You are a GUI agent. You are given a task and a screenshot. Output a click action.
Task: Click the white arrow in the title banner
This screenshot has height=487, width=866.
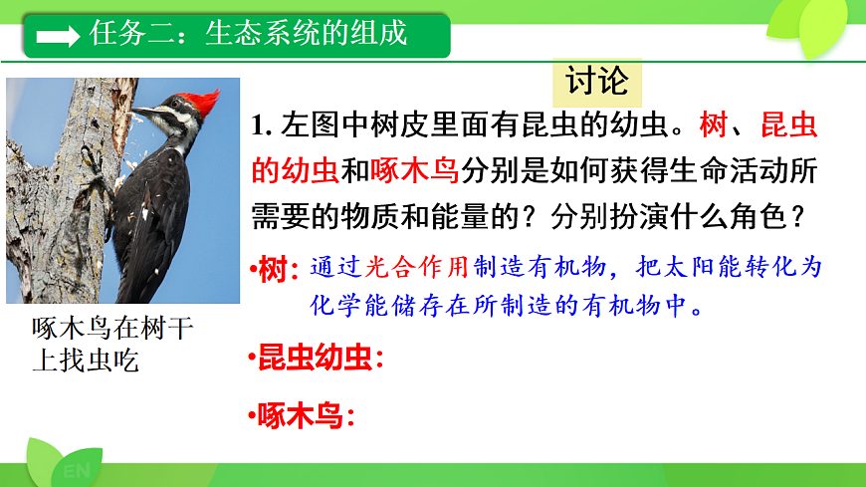coord(58,36)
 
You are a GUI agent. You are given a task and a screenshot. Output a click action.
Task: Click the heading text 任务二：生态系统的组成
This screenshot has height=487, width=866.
coord(248,34)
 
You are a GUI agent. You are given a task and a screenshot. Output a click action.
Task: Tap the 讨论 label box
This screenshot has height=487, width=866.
coord(597,81)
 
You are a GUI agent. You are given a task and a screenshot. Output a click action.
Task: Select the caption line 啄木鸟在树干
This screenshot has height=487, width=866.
coord(112,329)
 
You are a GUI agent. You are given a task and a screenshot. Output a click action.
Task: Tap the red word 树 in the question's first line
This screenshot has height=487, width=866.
coord(713,128)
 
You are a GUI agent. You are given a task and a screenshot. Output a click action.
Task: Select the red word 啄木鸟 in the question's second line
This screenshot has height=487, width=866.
coord(414,171)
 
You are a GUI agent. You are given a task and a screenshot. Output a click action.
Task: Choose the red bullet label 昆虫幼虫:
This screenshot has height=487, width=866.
coord(318,359)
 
